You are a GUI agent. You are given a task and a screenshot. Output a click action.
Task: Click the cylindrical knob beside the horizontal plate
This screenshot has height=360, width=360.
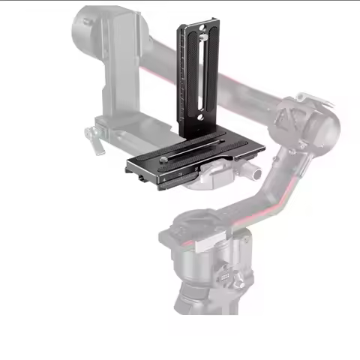[x=256, y=173]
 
